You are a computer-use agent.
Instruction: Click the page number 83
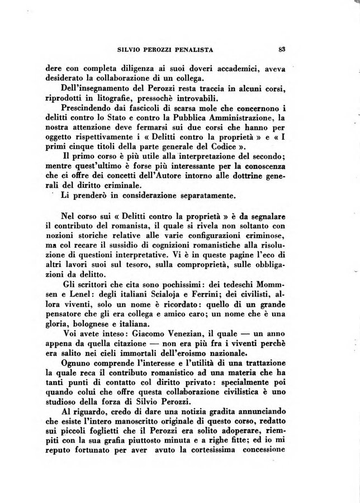point(282,49)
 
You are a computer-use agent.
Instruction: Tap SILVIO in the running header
point(131,50)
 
